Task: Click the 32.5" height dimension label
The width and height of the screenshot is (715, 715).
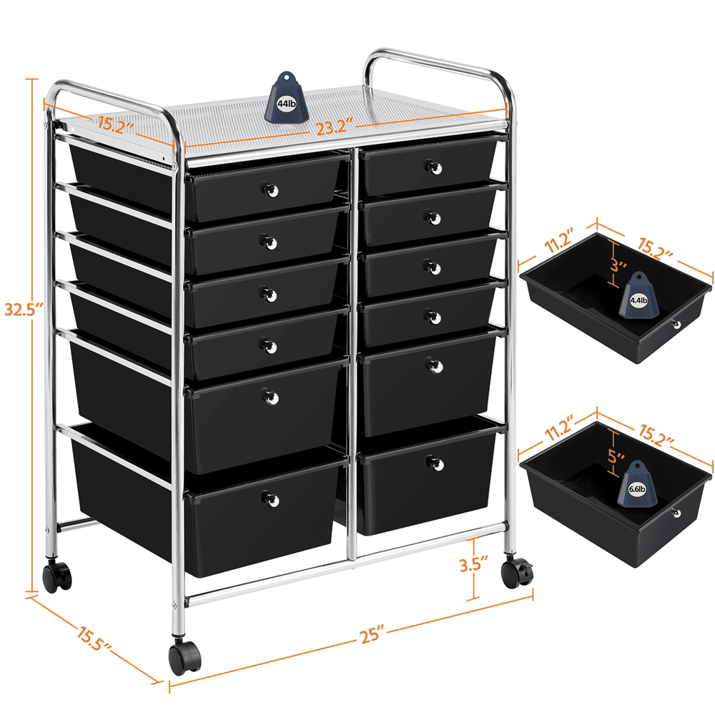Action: point(24,309)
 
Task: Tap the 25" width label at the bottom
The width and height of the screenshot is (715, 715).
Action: point(373,635)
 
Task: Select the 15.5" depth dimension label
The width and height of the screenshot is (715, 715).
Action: point(94,638)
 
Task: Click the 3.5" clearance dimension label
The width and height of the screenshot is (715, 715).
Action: point(474,564)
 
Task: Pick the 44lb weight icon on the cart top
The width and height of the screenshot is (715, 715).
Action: point(287,97)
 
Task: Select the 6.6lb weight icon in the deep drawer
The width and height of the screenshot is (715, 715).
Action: point(636,484)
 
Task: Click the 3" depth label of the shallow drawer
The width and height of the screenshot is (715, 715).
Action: point(618,265)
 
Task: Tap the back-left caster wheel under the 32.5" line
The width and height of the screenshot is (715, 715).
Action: point(57,576)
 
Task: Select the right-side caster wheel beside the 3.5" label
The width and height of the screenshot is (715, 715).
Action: point(517,573)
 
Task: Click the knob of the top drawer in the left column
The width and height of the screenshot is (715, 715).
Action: point(269,189)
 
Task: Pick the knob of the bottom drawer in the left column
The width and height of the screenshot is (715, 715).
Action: point(270,499)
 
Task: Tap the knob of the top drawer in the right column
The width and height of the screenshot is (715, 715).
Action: point(433,167)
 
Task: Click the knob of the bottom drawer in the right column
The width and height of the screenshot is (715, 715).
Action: point(435,463)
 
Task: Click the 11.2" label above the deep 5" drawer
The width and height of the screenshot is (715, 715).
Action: point(560,428)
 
